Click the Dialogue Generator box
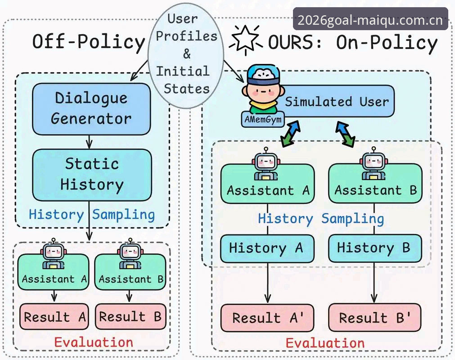click(91, 109)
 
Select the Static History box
click(92, 175)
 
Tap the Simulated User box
click(333, 101)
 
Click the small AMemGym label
click(263, 119)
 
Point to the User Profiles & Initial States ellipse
click(186, 55)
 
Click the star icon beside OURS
click(245, 40)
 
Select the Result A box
click(54, 316)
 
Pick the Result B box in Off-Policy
click(131, 316)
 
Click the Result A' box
click(267, 318)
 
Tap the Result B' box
click(374, 318)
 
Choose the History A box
click(267, 248)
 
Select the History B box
click(375, 248)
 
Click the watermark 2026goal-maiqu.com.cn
click(370, 20)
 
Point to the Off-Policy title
click(89, 41)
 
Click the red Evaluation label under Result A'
click(325, 343)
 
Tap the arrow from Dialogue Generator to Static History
click(90, 142)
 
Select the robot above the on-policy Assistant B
click(374, 163)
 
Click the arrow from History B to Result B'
click(374, 283)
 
